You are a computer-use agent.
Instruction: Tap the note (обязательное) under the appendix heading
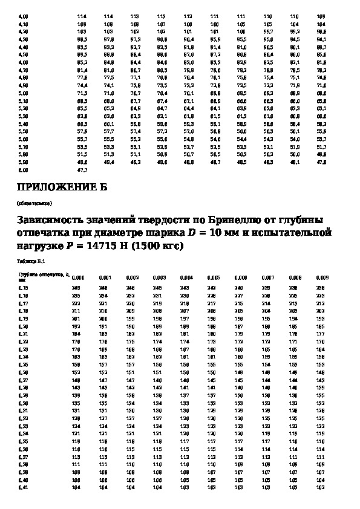coord(34,203)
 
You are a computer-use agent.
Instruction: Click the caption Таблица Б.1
coord(28,261)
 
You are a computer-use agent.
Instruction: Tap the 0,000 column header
coord(78,277)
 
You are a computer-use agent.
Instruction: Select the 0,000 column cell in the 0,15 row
coord(76,288)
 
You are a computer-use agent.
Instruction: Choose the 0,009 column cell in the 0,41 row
coord(321,487)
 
